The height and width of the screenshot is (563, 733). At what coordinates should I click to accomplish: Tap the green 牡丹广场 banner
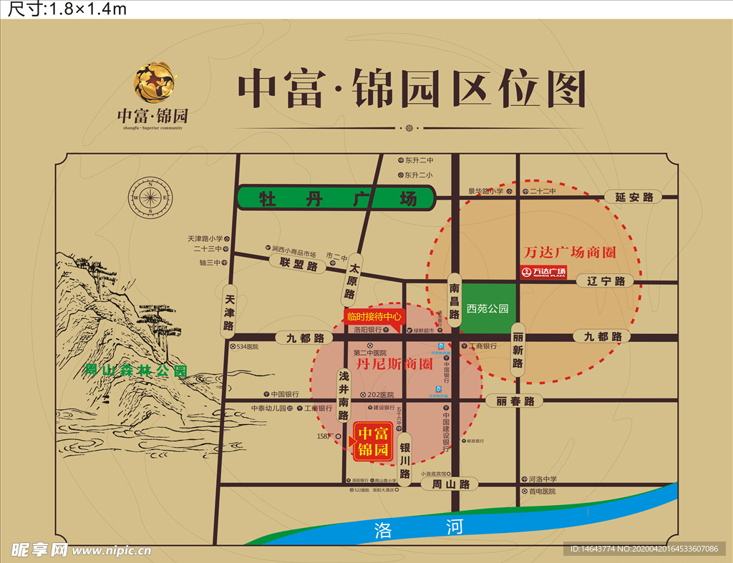(x=336, y=198)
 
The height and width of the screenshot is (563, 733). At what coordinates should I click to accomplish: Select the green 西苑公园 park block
(x=487, y=308)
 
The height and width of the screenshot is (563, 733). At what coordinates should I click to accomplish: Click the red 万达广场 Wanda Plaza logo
(x=543, y=272)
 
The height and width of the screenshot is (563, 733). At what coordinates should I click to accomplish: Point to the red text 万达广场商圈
(x=570, y=253)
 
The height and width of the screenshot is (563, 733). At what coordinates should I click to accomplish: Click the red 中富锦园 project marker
(x=373, y=441)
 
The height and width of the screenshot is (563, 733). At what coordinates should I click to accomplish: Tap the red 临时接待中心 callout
(x=374, y=316)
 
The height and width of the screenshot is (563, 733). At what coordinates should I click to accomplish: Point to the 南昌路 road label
(x=455, y=300)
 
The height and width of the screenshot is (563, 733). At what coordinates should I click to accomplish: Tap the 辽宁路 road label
(x=601, y=281)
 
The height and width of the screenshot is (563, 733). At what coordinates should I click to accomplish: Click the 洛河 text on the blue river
(x=419, y=529)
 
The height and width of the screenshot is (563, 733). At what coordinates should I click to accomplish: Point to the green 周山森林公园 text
(x=135, y=371)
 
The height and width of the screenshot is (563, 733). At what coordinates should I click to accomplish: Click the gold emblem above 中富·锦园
(x=154, y=82)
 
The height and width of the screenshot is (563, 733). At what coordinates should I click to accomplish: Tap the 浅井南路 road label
(x=344, y=395)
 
